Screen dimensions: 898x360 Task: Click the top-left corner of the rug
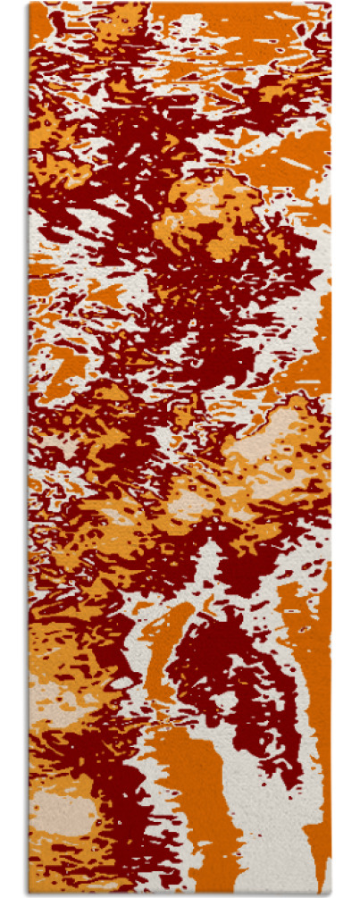(x=29, y=3)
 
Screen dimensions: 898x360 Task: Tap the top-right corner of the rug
(x=331, y=3)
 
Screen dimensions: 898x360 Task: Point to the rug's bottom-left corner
(x=29, y=894)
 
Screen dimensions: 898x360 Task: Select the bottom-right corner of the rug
(x=331, y=894)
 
